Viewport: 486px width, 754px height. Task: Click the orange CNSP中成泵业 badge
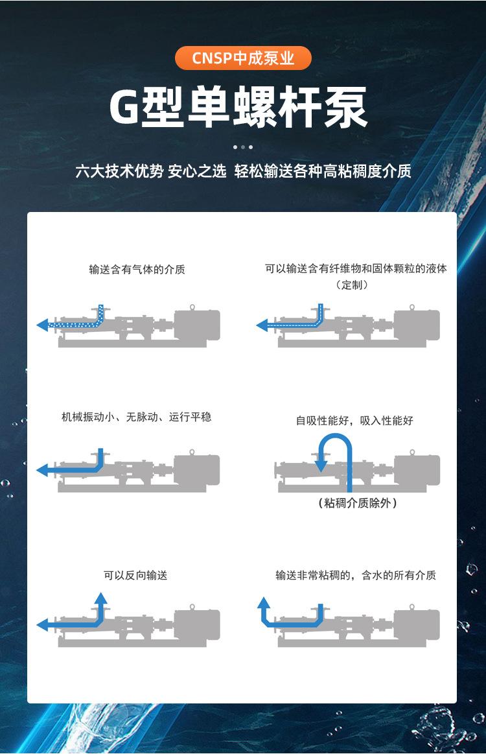243,58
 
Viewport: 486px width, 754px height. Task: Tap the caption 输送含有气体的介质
137,269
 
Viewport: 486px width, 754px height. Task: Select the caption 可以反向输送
135,575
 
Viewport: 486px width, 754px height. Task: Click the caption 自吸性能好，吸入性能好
354,420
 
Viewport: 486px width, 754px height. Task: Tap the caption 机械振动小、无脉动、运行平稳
136,417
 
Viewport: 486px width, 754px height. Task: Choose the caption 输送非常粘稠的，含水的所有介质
356,575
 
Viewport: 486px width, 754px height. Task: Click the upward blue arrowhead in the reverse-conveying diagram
100,598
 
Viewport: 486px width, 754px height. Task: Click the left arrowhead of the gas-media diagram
42,325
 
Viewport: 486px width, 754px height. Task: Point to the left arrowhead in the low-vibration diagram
42,469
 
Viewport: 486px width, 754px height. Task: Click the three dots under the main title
243,147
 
